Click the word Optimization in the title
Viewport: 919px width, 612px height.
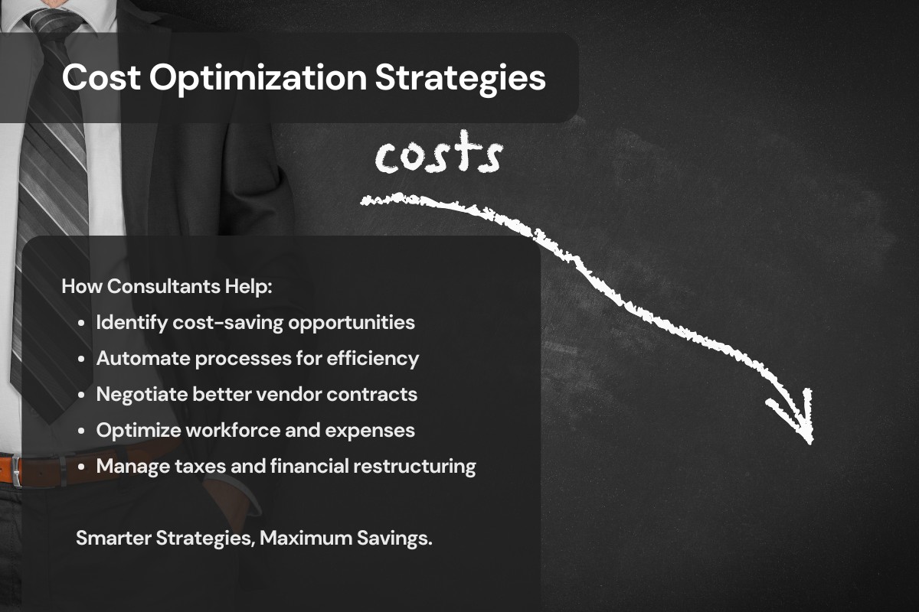click(x=258, y=78)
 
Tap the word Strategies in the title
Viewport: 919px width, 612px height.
click(x=460, y=78)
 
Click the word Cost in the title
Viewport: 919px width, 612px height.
click(x=101, y=77)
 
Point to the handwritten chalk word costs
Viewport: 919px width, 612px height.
click(x=439, y=152)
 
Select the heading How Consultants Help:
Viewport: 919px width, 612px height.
click(x=167, y=286)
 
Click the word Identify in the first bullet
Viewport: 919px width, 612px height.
click(x=132, y=323)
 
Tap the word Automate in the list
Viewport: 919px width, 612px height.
click(x=143, y=358)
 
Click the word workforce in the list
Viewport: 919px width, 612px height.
click(x=233, y=431)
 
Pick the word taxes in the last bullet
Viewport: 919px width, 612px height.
click(x=200, y=467)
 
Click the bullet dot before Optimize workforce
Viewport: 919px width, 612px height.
click(x=81, y=431)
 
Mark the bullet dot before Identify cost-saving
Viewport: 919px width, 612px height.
click(x=81, y=323)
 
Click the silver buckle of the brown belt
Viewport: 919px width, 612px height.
click(x=16, y=471)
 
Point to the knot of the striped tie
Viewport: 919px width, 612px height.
click(x=52, y=24)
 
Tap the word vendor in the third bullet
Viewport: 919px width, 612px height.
click(x=289, y=395)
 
